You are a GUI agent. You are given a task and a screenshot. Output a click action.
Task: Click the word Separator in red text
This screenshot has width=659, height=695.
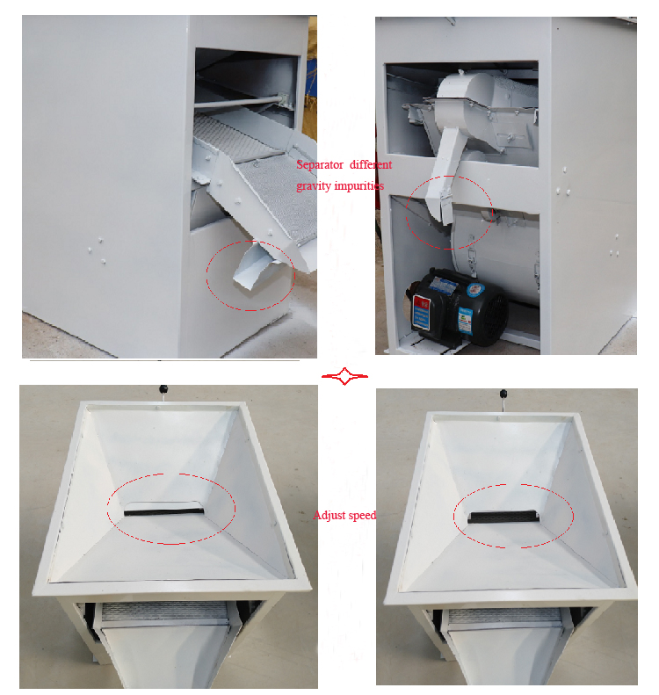[x=320, y=165]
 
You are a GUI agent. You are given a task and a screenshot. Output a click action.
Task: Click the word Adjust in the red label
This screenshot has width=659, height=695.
[x=329, y=516]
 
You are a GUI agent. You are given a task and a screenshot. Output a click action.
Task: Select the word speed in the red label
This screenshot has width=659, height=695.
[x=361, y=516]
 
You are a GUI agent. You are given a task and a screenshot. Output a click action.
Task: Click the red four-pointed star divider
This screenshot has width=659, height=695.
[x=344, y=376]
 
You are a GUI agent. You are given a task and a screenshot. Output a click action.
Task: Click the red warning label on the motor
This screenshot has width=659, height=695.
[x=422, y=313]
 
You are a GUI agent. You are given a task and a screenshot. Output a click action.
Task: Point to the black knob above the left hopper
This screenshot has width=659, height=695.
[x=163, y=389]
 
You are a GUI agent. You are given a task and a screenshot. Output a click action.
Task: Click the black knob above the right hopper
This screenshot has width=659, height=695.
[x=503, y=393]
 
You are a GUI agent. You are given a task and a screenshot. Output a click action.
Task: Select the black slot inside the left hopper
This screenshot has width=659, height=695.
[x=164, y=511]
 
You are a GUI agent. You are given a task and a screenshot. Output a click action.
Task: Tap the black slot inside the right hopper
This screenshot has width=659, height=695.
[x=503, y=517]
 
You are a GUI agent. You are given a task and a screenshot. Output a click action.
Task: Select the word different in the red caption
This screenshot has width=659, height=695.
[x=371, y=165]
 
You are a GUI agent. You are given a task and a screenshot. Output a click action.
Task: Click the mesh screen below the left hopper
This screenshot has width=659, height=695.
[x=165, y=612]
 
